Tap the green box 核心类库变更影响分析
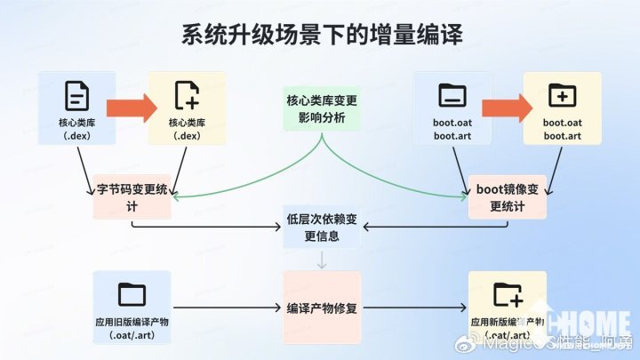click(x=322, y=109)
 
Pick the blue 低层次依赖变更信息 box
click(x=322, y=227)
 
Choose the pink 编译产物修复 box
click(x=322, y=308)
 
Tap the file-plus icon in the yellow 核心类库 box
click(x=186, y=94)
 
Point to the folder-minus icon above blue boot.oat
click(x=452, y=94)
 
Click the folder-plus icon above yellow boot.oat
click(x=562, y=94)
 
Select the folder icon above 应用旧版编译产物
click(x=132, y=294)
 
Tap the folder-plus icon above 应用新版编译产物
click(x=508, y=294)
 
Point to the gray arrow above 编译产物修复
click(x=322, y=260)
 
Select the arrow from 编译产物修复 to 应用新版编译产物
click(x=414, y=308)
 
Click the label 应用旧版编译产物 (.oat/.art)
click(x=132, y=327)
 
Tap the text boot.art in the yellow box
click(x=562, y=135)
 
